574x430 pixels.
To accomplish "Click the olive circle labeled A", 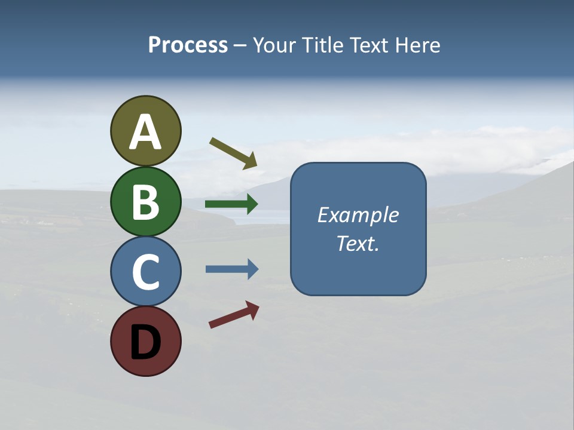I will (145, 131).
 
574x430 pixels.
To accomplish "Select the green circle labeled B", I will (145, 201).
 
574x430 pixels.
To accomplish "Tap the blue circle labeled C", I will (145, 271).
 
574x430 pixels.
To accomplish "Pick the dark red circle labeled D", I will (145, 341).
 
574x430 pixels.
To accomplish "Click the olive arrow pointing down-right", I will (233, 153).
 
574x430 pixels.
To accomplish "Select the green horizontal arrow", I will (231, 204).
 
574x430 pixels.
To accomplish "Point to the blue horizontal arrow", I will (231, 269).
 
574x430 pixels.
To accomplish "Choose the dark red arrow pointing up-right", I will (233, 315).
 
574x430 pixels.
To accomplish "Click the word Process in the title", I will (188, 45).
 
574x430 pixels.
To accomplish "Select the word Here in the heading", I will (418, 45).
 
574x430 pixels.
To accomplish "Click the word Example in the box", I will (358, 215).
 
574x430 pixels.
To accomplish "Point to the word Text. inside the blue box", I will (358, 243).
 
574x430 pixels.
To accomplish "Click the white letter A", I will (145, 132).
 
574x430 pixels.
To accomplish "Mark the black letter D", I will (145, 343).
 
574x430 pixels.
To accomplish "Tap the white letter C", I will (145, 272).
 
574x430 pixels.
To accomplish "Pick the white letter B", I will (145, 202).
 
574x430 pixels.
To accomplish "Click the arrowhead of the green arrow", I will (251, 204).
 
